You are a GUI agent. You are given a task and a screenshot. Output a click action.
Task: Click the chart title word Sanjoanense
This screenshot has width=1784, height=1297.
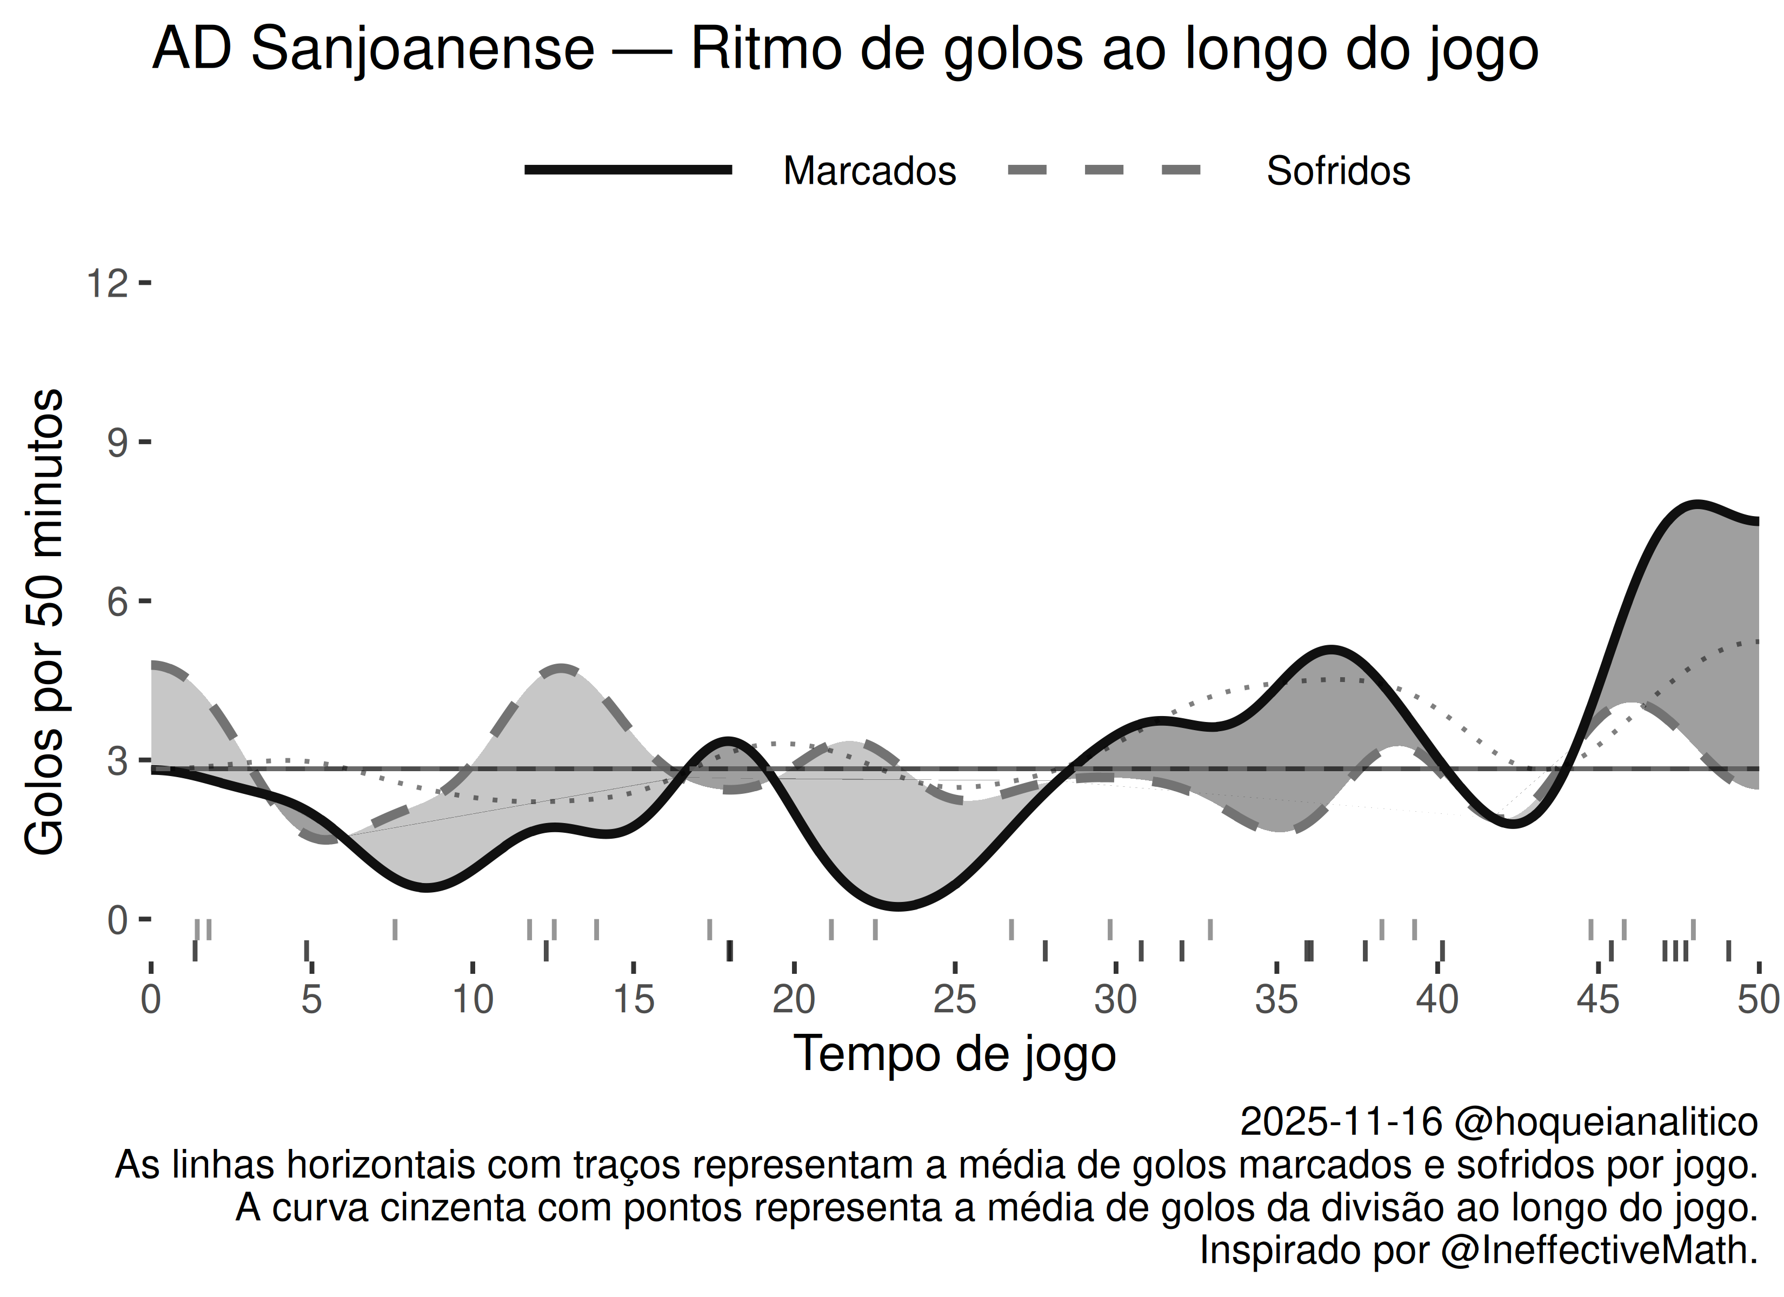pyautogui.click(x=422, y=49)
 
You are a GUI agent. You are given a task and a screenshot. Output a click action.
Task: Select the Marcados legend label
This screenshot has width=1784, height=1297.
pyautogui.click(x=869, y=171)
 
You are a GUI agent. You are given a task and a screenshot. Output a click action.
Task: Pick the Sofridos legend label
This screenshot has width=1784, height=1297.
pyautogui.click(x=1338, y=171)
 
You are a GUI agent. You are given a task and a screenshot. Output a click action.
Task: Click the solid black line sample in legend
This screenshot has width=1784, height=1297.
pyautogui.click(x=629, y=170)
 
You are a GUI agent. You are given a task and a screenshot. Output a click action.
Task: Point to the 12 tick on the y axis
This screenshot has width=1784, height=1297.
pyautogui.click(x=108, y=283)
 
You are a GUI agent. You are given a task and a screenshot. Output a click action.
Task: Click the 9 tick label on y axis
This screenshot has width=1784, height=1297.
pyautogui.click(x=117, y=443)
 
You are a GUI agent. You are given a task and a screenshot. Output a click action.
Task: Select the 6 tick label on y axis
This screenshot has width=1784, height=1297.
pyautogui.click(x=117, y=603)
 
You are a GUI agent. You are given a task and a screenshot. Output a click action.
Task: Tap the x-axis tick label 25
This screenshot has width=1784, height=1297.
pyautogui.click(x=955, y=1000)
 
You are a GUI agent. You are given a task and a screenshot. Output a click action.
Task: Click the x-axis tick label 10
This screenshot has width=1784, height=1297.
pyautogui.click(x=472, y=1000)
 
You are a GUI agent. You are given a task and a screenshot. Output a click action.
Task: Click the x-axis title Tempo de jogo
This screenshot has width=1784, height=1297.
pyautogui.click(x=954, y=1054)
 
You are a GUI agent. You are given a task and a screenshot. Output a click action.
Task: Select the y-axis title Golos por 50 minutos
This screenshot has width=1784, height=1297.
pyautogui.click(x=45, y=621)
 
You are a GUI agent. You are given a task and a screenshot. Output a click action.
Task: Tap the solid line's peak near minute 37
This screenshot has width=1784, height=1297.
pyautogui.click(x=1330, y=650)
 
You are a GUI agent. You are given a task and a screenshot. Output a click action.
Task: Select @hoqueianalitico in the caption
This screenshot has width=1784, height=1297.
pyautogui.click(x=1606, y=1121)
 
